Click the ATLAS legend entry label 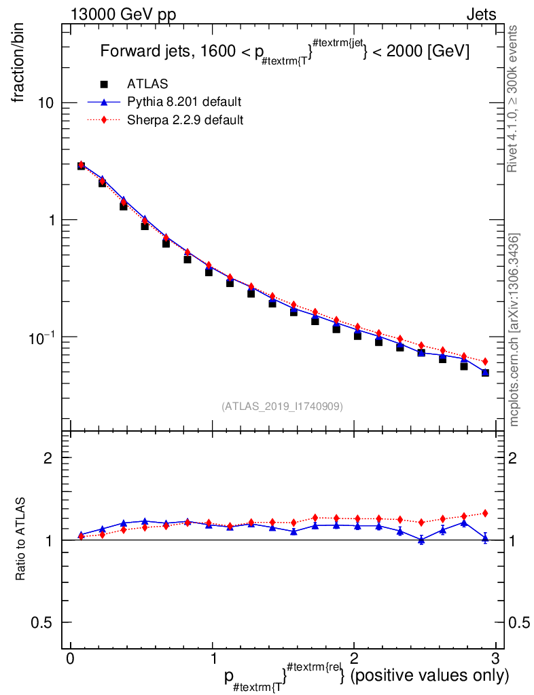tap(147, 84)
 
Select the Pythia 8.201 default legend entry tap(184, 102)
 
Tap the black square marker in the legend tap(104, 84)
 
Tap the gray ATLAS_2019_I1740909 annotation tap(282, 406)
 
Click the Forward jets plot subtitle tap(285, 53)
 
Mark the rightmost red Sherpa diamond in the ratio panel tap(485, 513)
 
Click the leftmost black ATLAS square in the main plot tap(81, 166)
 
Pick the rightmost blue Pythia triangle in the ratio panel tap(485, 538)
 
